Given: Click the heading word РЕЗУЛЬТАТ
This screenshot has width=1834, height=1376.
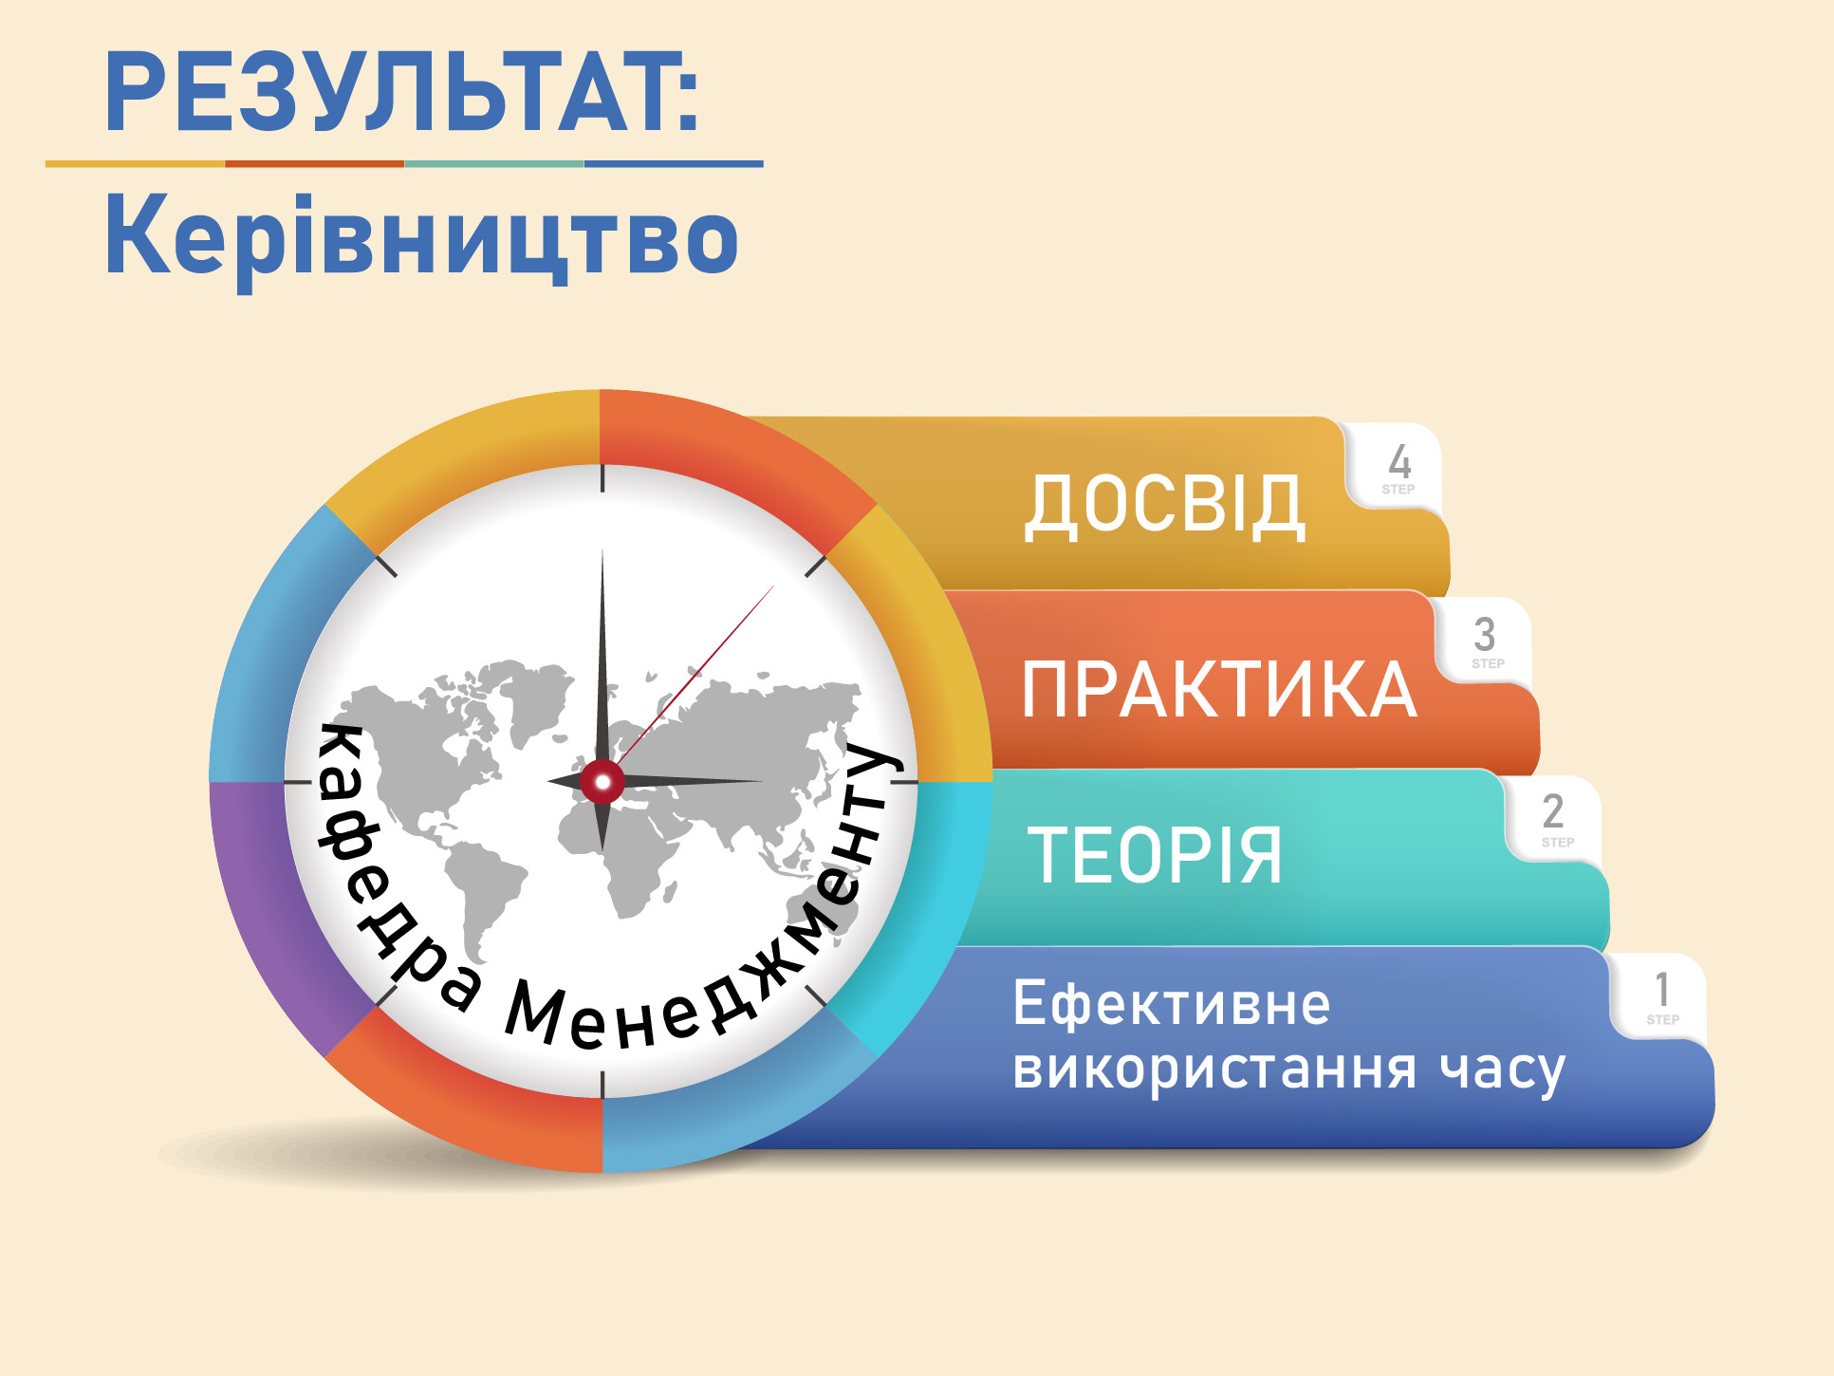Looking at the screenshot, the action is point(388,92).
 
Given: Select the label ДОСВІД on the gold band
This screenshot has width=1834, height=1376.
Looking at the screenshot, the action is point(1164,506).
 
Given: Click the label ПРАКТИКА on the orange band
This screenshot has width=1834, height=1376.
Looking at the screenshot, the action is point(1219,689).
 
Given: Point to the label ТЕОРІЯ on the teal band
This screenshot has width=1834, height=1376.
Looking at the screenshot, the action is point(1155,854).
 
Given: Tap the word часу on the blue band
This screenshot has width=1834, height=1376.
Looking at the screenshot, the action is point(1502,1070).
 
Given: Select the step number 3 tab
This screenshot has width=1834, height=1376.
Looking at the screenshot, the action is point(1485,641).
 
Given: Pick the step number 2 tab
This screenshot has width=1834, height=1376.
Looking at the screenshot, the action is point(1554,818).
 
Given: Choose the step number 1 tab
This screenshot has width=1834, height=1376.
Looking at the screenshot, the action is point(1659,996).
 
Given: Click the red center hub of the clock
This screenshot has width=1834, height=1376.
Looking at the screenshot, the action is point(602,782).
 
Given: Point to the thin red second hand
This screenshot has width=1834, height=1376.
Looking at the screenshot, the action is point(695,676).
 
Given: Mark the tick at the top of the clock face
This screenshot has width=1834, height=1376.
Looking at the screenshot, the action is point(602,478).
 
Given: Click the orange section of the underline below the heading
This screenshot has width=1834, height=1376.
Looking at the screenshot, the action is point(315,164).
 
